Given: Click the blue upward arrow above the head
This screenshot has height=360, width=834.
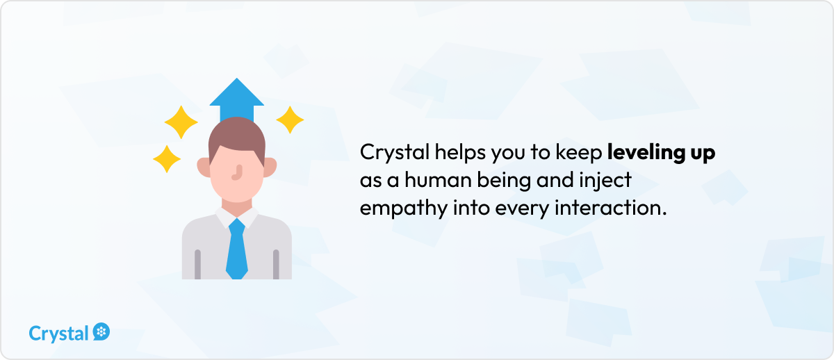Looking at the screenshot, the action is point(237,99).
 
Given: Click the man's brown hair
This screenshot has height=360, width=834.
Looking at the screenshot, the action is point(237,138).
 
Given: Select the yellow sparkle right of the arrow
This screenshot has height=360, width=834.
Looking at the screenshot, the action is point(290,120).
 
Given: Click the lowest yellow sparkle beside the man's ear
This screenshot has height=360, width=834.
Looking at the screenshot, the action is point(167,159).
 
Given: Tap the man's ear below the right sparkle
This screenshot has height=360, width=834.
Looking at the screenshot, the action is point(270,167).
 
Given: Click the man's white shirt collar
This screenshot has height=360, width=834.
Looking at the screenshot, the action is point(237,218).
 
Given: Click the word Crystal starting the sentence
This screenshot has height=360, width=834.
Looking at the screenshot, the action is point(395,153).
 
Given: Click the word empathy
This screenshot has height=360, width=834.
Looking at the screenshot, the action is point(404,208).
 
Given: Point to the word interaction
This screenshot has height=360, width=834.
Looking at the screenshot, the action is point(611,208).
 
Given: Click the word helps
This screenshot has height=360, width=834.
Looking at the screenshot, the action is point(460,153).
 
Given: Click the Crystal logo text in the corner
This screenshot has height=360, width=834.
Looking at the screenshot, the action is point(58,334).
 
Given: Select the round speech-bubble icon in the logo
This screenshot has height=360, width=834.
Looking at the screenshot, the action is point(101,332).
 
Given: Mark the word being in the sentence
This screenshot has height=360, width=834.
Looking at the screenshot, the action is point(504,181).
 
